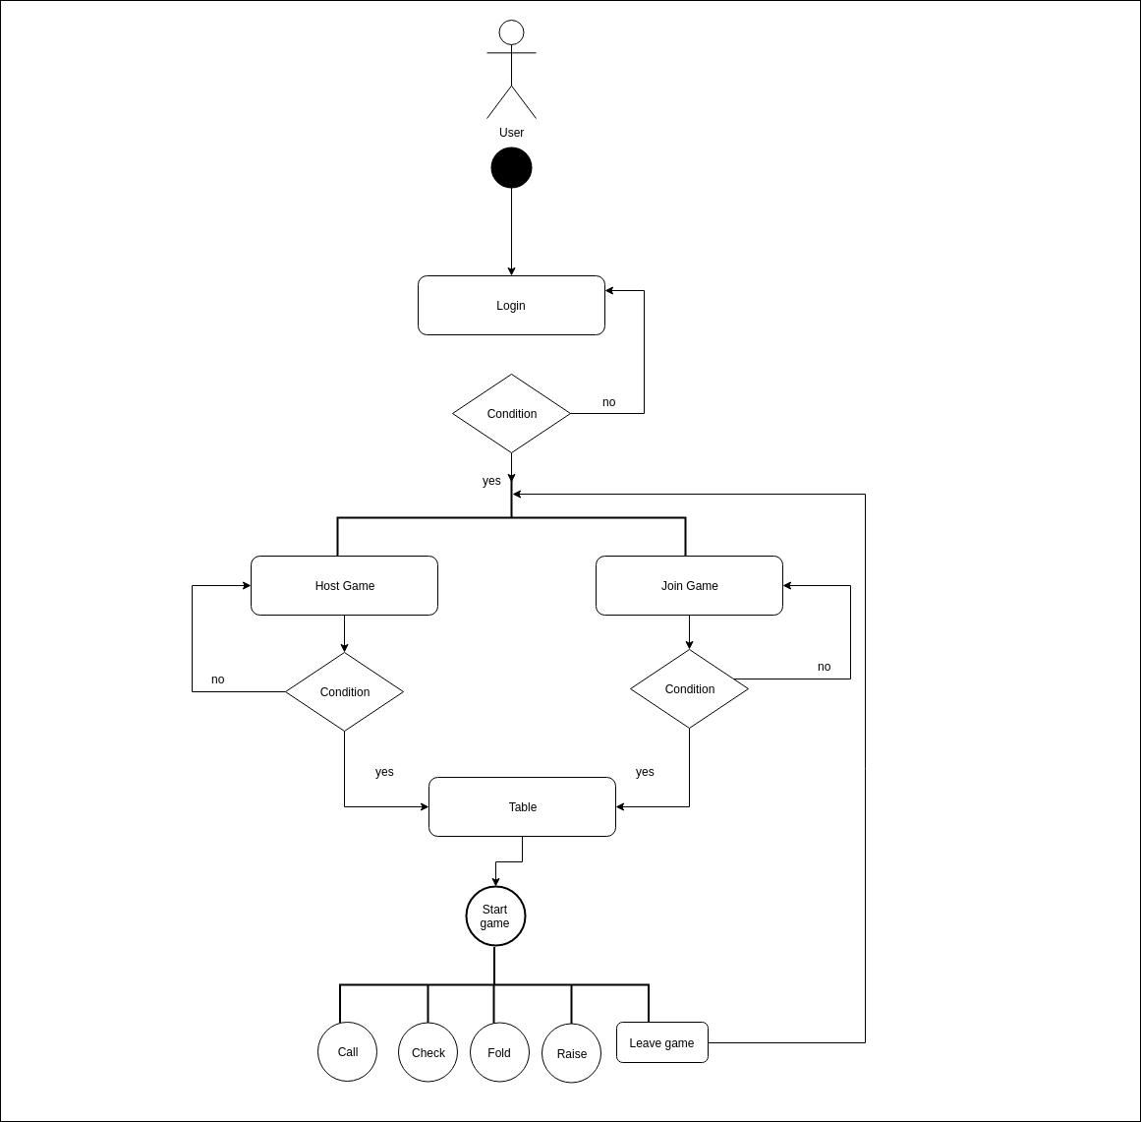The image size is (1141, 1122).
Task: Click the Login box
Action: pos(511,306)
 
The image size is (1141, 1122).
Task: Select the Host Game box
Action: pos(344,586)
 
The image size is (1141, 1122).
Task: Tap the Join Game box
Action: pos(689,586)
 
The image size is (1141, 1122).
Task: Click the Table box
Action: pos(522,807)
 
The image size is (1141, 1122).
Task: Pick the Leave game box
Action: pos(661,1043)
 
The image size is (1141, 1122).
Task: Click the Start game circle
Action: pos(495,916)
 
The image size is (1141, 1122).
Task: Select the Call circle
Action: pos(347,1052)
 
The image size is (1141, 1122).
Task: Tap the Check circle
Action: pos(428,1053)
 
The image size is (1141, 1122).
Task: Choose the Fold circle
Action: pos(499,1053)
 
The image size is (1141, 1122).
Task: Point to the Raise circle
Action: pos(571,1054)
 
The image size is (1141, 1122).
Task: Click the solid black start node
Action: pos(511,168)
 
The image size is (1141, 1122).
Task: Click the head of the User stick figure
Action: pos(511,32)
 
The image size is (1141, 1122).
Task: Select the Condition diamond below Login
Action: pos(511,414)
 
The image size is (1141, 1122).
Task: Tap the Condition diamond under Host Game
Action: pos(344,692)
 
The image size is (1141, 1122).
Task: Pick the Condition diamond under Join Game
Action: pos(689,689)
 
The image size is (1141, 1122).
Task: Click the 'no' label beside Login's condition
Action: pos(608,402)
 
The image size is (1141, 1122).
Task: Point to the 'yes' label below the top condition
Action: pos(491,481)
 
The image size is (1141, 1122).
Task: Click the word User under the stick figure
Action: pos(511,133)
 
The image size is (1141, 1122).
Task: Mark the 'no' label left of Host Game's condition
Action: pos(217,679)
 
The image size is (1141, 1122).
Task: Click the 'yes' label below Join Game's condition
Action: pos(645,772)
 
